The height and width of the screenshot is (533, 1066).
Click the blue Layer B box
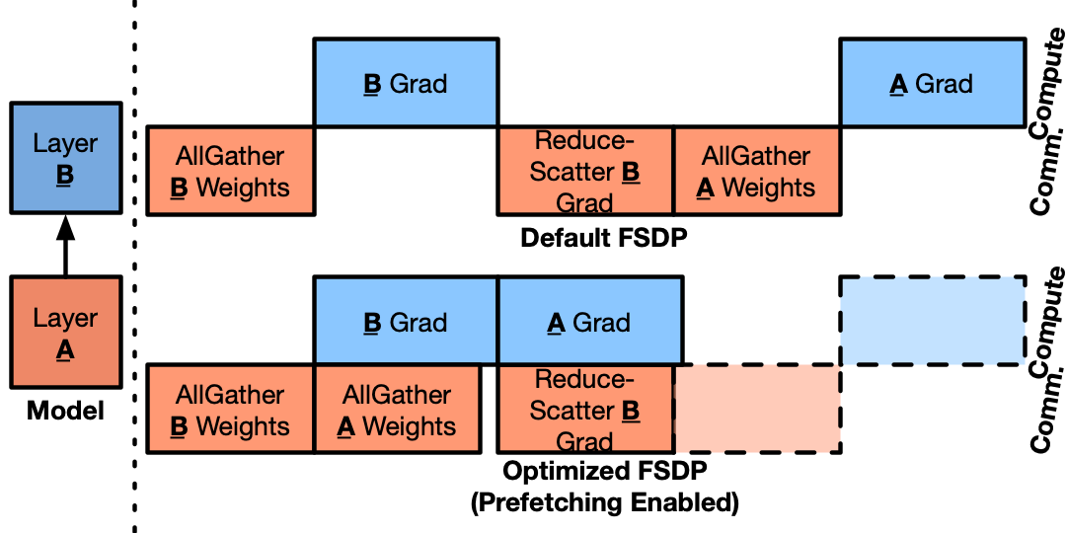click(65, 158)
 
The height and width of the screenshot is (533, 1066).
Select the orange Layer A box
click(65, 332)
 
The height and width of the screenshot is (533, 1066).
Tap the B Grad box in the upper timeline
click(406, 83)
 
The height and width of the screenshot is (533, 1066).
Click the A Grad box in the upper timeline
click(932, 83)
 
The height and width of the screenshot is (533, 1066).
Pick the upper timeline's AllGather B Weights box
click(230, 171)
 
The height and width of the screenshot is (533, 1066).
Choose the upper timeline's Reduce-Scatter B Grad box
click(585, 171)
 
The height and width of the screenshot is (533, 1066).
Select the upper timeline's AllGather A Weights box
click(756, 171)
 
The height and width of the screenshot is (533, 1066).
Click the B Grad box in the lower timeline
click(406, 322)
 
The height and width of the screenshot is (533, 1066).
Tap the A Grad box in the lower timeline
click(589, 322)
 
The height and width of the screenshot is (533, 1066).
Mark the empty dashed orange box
click(756, 409)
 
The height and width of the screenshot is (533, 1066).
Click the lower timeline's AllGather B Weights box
click(230, 409)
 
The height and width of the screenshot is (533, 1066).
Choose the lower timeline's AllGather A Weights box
click(397, 409)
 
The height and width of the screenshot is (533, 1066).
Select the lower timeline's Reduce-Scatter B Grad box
click(585, 409)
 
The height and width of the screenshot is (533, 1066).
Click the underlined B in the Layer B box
click(65, 176)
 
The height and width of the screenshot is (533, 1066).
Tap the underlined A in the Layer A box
click(65, 350)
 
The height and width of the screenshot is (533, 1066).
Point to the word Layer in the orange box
click(65, 318)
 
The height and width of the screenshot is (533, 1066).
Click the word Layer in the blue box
click(65, 143)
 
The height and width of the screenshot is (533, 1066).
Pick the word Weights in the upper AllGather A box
click(769, 188)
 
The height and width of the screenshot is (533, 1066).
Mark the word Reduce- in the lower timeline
click(584, 380)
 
